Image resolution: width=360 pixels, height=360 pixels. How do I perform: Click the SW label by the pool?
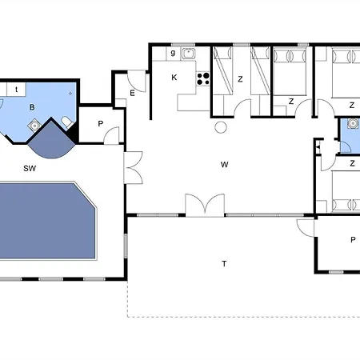(30, 168)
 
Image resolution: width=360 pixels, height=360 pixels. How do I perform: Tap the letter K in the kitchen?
(174, 78)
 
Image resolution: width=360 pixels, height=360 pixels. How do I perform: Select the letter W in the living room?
(225, 165)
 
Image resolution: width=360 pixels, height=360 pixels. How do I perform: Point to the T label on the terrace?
(224, 264)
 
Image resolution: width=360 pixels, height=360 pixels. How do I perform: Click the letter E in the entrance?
(132, 93)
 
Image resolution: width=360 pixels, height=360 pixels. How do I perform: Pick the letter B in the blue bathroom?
(32, 107)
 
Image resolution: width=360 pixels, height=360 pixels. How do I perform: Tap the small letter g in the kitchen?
(173, 53)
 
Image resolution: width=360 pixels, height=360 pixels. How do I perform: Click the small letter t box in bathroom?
(17, 90)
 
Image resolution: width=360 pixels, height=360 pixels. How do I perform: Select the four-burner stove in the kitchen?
(203, 78)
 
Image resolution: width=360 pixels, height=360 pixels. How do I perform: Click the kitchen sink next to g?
(189, 54)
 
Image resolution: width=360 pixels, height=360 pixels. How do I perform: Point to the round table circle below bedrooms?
(221, 127)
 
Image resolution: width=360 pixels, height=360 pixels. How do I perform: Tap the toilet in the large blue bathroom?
(67, 122)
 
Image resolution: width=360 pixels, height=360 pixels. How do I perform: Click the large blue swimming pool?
(47, 221)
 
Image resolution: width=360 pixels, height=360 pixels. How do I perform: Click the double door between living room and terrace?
(205, 205)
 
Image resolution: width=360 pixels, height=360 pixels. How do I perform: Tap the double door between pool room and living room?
(134, 167)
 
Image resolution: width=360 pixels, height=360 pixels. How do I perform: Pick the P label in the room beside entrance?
(101, 124)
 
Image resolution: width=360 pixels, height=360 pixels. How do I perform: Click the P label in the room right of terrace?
(353, 240)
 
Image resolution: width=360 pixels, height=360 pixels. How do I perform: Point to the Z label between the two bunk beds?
(240, 79)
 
